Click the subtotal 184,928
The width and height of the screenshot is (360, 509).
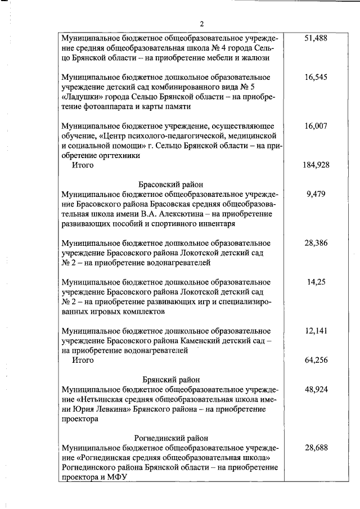point(316,165)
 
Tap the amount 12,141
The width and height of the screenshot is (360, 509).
point(316,331)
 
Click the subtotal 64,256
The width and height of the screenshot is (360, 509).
point(316,360)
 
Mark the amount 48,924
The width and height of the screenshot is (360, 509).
point(316,389)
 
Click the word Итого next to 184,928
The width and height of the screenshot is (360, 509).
point(82,165)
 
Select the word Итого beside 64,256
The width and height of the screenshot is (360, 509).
point(82,361)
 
